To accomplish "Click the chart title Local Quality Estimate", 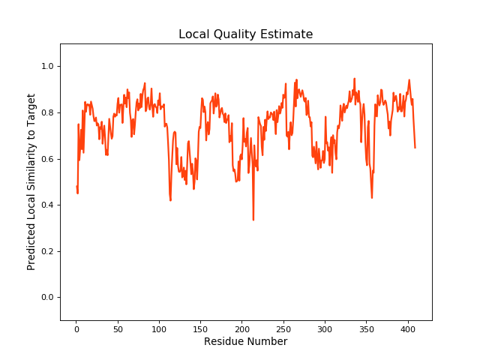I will coord(245,34).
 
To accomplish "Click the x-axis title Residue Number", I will coord(245,342).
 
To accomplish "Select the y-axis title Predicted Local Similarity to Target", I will coord(31,182).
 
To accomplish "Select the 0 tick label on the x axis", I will coord(76,328).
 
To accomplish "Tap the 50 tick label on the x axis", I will coord(118,328).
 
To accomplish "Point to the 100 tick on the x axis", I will coord(159,328).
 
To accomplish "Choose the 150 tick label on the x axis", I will coord(200,328).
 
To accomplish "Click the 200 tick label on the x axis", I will coord(242,328).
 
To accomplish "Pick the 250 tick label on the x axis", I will coord(283,328).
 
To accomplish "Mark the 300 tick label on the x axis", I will coord(325,328).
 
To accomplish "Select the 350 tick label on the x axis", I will coord(366,328).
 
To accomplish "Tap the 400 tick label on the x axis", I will coord(407,328).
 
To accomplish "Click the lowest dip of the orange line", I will coord(253,220).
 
